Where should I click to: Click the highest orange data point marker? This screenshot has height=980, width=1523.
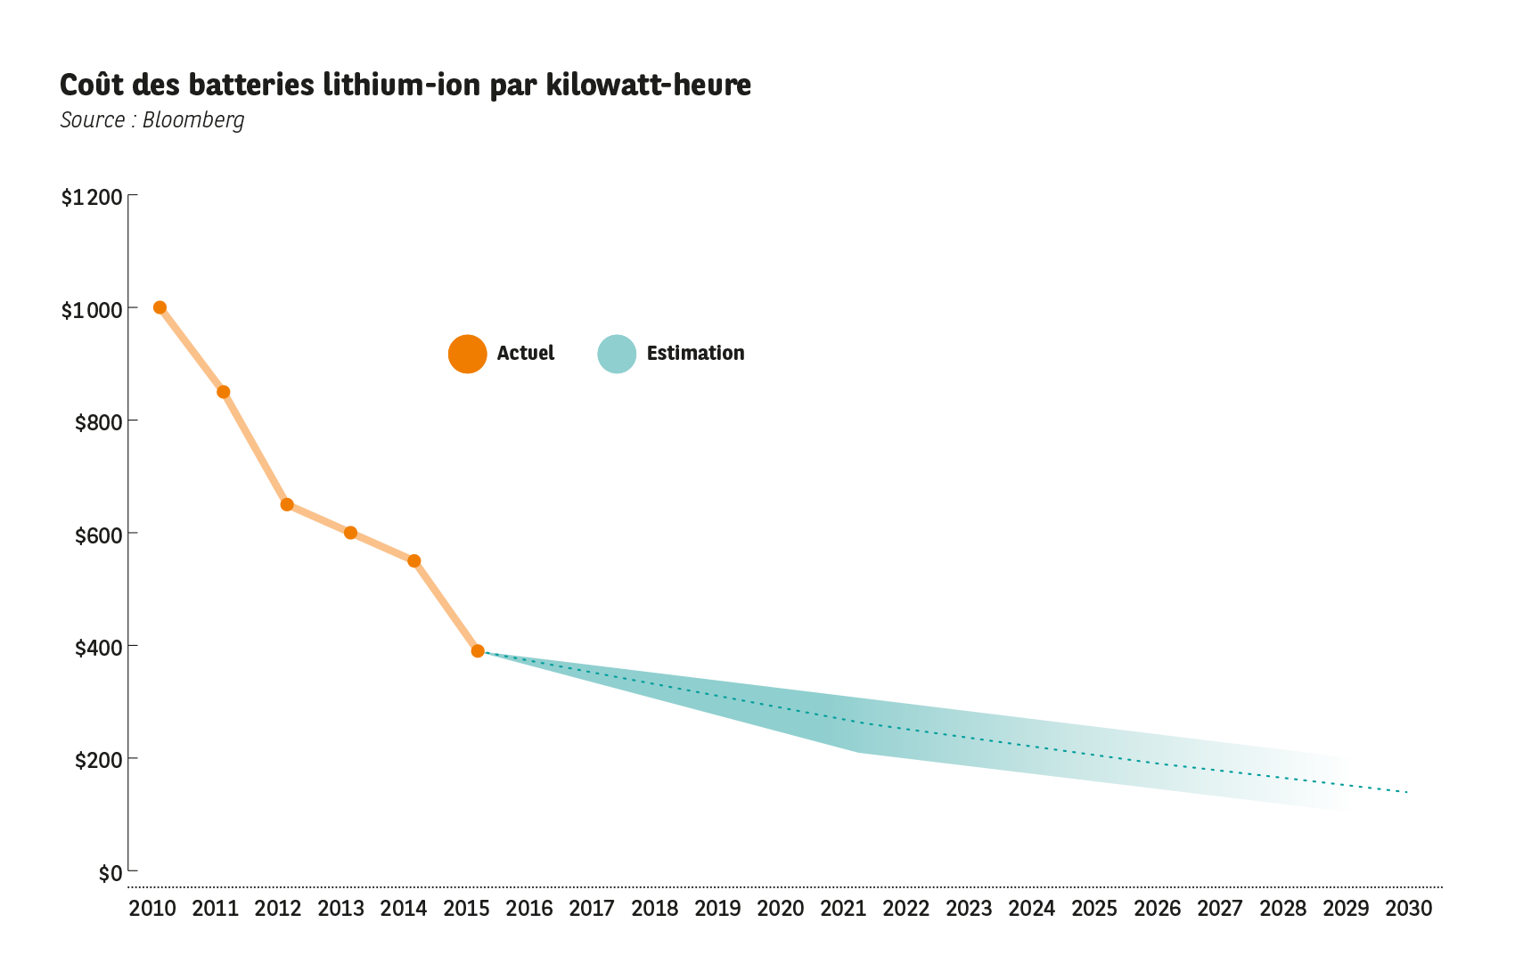click(x=160, y=307)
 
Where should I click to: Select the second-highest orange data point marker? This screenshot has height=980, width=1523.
click(x=223, y=392)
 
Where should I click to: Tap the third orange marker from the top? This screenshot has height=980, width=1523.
click(x=287, y=504)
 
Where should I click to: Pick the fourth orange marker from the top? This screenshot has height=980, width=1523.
click(x=350, y=533)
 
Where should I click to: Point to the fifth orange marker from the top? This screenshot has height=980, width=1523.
click(x=414, y=561)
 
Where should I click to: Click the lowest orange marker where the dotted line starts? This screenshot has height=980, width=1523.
click(x=479, y=651)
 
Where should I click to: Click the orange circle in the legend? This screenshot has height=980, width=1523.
click(x=467, y=354)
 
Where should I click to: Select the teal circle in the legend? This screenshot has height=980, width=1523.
click(x=617, y=354)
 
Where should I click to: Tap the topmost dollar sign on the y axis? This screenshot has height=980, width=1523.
click(x=67, y=311)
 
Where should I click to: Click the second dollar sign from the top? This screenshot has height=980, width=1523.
click(x=81, y=423)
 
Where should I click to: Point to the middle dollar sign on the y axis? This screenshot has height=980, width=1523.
click(x=81, y=536)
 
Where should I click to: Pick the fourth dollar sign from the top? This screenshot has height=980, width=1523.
click(x=81, y=649)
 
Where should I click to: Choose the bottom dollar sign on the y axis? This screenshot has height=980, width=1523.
click(x=81, y=761)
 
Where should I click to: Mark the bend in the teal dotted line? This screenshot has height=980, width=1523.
click(x=863, y=723)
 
